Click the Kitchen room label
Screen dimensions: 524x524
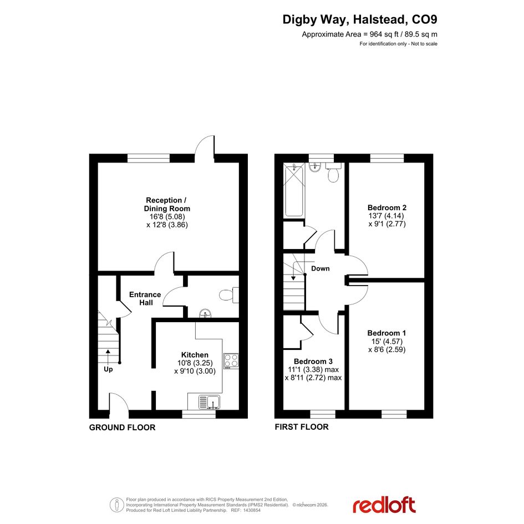pos(195,354)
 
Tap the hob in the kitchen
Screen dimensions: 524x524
pos(231,361)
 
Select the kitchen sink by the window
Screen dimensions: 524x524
pos(210,402)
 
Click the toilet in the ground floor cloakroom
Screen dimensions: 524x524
pos(229,295)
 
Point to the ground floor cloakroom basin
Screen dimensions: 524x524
pos(205,314)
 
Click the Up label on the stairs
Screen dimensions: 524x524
pos(108,369)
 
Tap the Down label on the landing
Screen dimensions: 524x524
pos(320,268)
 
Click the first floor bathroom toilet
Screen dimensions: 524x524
pos(333,172)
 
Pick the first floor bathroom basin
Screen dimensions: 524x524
pos(315,167)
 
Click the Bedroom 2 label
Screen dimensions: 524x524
pos(387,207)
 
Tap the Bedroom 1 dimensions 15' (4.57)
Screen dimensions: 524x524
pos(387,341)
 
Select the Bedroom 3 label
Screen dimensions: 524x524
pos(313,361)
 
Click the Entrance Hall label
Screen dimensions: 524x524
pos(145,298)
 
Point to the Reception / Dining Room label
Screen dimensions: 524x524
pos(167,204)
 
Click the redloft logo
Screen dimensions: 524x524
pos(384,505)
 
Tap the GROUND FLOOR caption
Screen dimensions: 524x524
pos(123,428)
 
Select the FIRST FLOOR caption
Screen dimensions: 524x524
pos(302,427)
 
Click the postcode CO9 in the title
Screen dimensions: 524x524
pos(424,19)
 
